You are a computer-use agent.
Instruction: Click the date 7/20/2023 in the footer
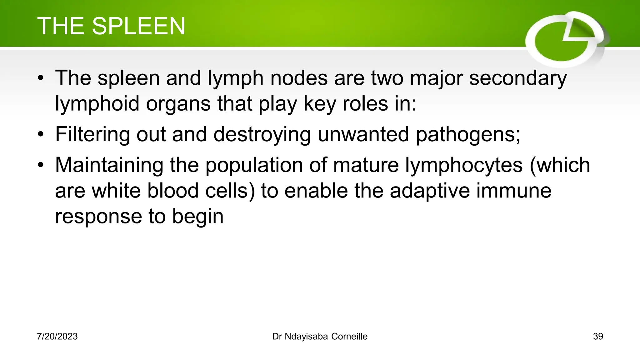click(57, 336)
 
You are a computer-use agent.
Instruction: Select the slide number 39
click(598, 336)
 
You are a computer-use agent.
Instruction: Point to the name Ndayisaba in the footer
click(306, 336)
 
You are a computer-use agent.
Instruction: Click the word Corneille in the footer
click(349, 336)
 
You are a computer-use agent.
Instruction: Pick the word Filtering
click(92, 134)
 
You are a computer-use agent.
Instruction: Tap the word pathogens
click(468, 134)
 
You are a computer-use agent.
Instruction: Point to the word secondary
click(518, 78)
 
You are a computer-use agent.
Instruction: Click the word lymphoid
click(97, 104)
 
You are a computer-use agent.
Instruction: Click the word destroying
click(262, 134)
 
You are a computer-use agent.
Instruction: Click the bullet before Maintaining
click(41, 166)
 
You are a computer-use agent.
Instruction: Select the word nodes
click(299, 78)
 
